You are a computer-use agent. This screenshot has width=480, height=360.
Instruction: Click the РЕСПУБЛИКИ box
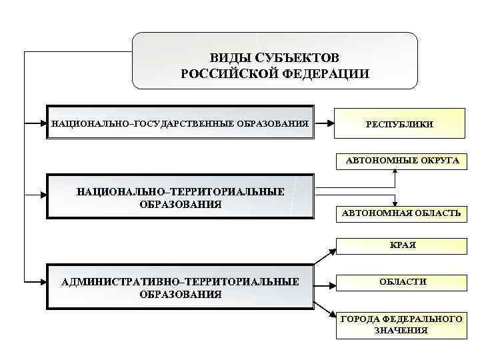tap(399, 124)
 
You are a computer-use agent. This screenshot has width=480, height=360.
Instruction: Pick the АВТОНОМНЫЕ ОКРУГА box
tap(402, 161)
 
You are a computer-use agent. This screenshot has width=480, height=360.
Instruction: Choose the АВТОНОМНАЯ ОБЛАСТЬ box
tap(401, 213)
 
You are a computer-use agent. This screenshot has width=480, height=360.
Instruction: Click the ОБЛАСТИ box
tap(403, 282)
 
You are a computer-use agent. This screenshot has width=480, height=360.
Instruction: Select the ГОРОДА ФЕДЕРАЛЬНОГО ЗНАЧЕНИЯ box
tap(401, 325)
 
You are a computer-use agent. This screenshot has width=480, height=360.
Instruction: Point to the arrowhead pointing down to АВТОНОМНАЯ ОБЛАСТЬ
tap(396, 203)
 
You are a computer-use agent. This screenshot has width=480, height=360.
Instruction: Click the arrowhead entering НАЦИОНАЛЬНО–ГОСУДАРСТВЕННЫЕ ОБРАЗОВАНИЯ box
tap(42, 123)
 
